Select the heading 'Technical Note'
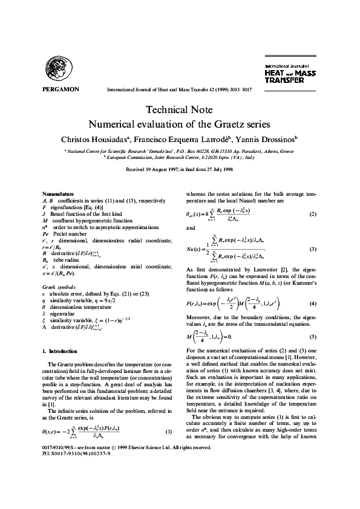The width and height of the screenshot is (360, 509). pyautogui.click(x=179, y=110)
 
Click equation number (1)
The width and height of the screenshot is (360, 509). pyautogui.click(x=169, y=464)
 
